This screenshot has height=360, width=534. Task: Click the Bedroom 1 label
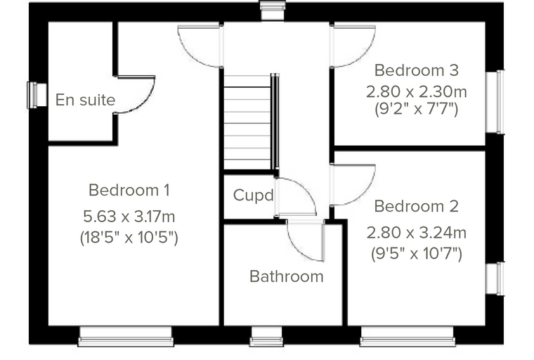coord(129,191)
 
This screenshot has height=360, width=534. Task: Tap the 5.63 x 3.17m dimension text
coord(129,217)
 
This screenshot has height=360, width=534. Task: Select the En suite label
coord(85,100)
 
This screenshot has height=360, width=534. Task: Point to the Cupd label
coord(254,195)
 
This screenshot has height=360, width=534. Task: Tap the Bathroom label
coord(287,276)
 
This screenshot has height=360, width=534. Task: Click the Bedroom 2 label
coord(416,206)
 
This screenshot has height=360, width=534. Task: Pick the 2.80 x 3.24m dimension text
coord(416,233)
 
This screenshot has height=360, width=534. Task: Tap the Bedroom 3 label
coord(417,70)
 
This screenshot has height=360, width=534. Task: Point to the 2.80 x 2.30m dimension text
coord(417,91)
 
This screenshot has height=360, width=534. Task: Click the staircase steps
coord(247,122)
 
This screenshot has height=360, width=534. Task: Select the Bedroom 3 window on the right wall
coord(495,101)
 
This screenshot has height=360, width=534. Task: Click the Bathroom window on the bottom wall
coord(267,337)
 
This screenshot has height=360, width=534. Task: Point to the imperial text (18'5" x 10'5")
coord(129,237)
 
